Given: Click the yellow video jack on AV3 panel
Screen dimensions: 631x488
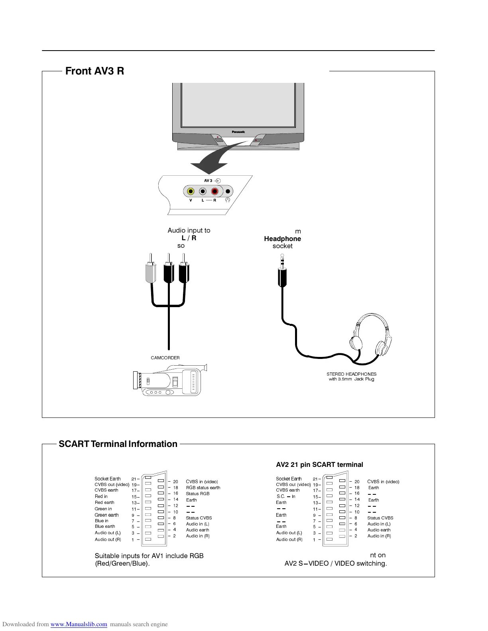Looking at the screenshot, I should (191, 191).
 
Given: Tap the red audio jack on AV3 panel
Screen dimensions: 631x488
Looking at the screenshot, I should (215, 191).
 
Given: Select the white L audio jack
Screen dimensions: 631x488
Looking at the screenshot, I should (203, 191).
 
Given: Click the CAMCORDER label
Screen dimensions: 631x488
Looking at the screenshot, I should (165, 358).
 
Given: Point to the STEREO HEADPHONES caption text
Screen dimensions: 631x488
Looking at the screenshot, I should (351, 374).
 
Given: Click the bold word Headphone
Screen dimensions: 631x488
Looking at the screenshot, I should (282, 239).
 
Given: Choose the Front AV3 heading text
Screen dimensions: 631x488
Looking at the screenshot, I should (94, 71).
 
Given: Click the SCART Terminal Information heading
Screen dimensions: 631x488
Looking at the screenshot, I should (118, 444).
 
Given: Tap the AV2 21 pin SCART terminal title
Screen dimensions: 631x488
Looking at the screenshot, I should (319, 465).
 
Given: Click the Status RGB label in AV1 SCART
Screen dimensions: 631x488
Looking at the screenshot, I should (197, 494).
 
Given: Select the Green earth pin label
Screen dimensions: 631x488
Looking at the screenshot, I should (106, 515).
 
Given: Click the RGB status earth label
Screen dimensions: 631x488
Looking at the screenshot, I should (203, 488).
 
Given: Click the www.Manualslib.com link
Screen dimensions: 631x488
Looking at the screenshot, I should (79, 624).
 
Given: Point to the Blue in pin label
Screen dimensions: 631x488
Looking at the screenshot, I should (101, 521).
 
